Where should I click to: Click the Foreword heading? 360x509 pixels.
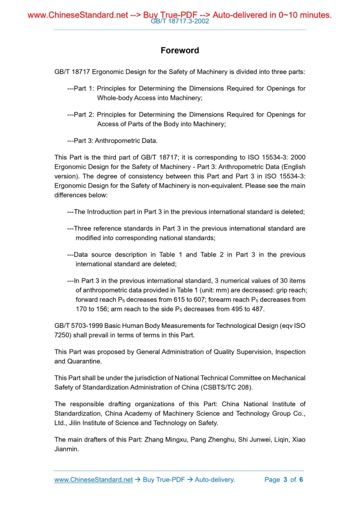click(x=180, y=50)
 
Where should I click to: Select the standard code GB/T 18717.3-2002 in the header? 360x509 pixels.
click(x=180, y=22)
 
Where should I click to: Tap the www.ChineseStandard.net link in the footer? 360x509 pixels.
click(x=94, y=479)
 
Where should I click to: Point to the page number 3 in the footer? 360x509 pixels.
click(x=285, y=479)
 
